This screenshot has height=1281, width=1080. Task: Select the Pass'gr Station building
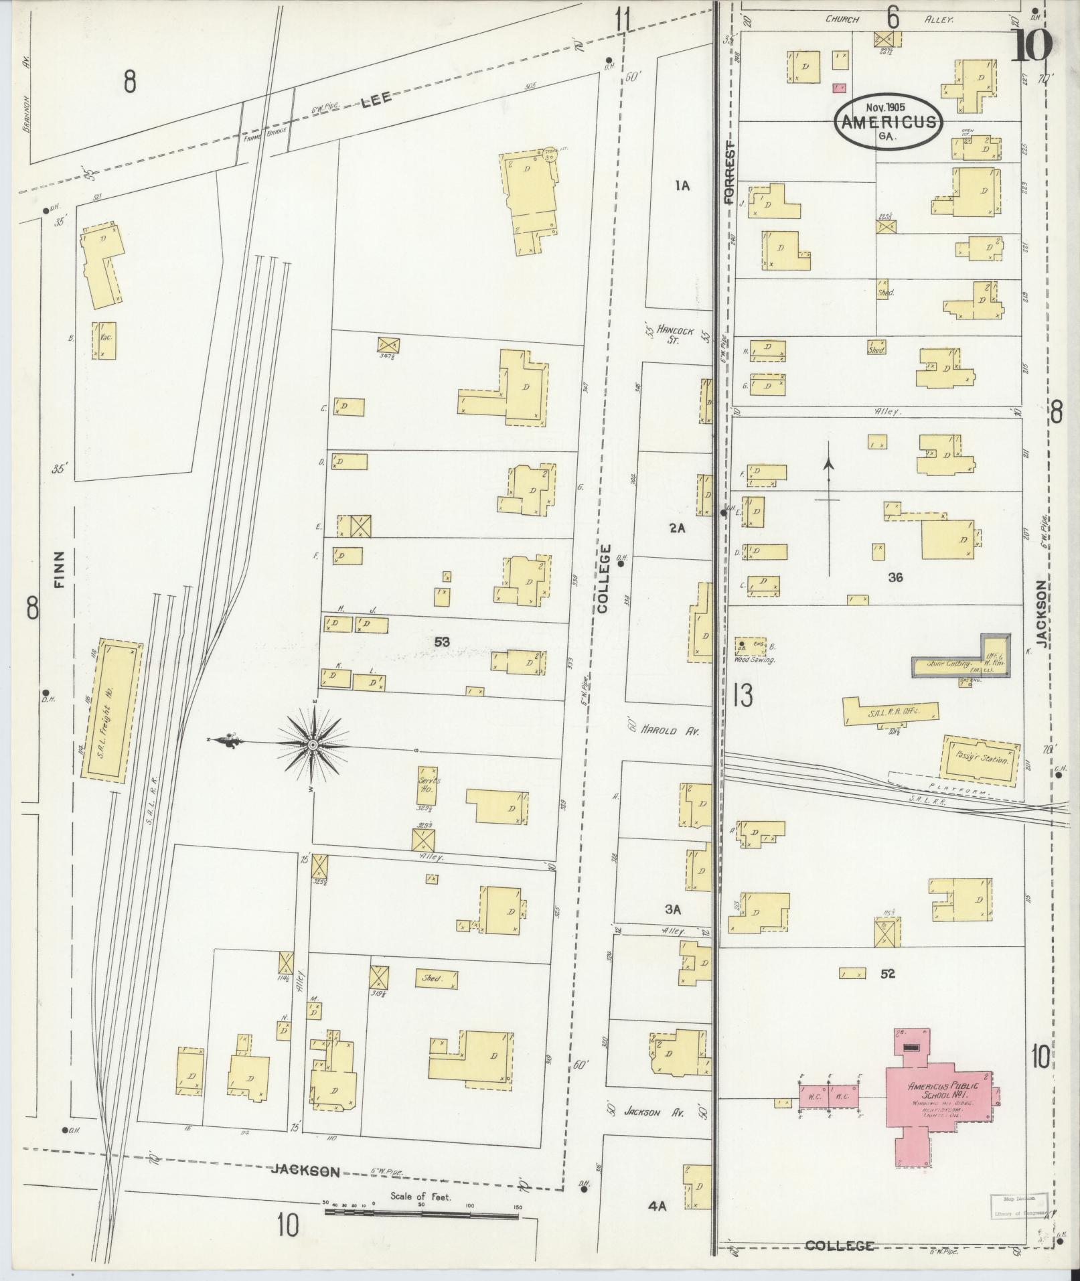click(x=980, y=757)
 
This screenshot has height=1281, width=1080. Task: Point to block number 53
click(x=441, y=642)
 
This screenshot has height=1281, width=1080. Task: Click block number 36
click(x=895, y=577)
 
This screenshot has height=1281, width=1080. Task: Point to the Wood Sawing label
click(x=754, y=660)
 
